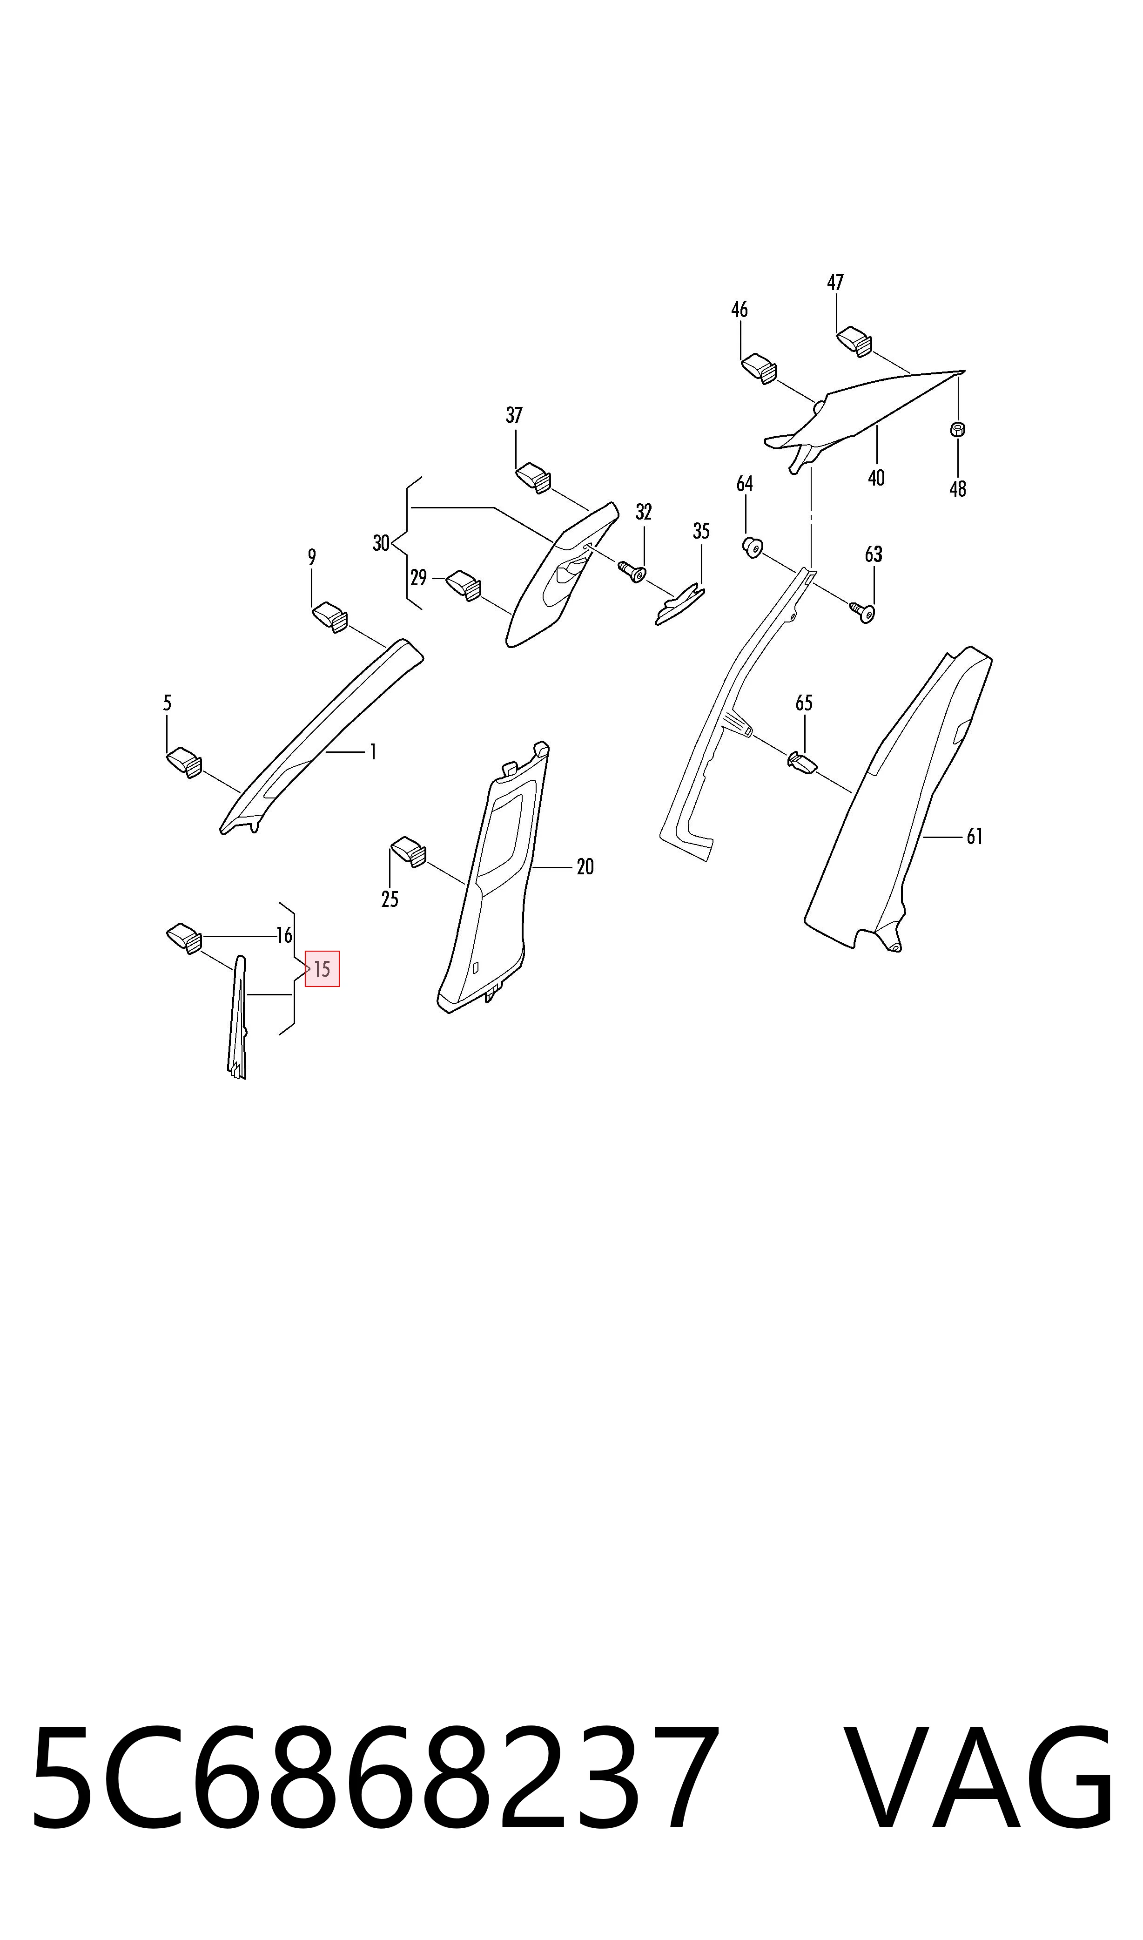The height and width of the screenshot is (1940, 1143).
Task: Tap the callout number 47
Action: coord(836,283)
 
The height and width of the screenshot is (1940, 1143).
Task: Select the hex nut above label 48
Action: coord(958,429)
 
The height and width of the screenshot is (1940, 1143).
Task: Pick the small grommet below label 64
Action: coord(752,548)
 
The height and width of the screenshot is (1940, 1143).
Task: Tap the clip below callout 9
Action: coord(329,617)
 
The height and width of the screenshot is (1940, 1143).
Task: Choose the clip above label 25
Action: coord(409,852)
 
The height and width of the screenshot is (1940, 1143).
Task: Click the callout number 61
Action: coord(975,837)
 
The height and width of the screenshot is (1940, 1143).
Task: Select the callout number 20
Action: coord(585,867)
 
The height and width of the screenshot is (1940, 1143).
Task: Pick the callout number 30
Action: coord(381,543)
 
